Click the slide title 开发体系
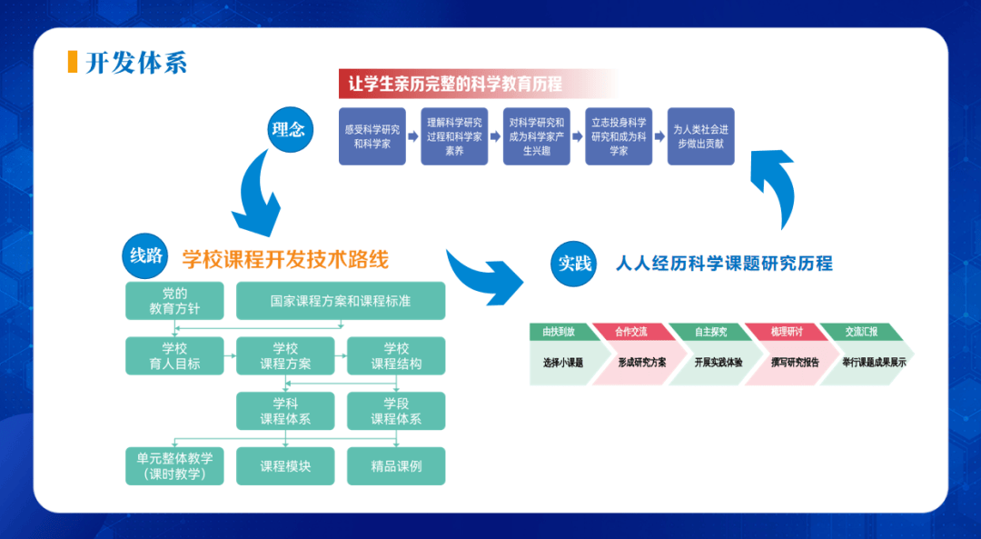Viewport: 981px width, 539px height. [136, 63]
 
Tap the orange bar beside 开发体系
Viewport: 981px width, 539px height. [73, 62]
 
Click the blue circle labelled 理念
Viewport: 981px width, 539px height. [289, 130]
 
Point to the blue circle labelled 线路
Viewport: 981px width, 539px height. [146, 256]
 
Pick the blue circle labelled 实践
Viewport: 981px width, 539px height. [574, 265]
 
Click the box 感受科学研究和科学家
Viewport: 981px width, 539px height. [372, 136]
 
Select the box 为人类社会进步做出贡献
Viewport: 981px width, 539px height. [700, 136]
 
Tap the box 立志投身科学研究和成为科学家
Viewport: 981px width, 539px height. [619, 136]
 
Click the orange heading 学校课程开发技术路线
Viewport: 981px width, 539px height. [285, 260]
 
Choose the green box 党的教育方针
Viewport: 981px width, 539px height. [174, 301]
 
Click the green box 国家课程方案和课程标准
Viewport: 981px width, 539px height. [341, 301]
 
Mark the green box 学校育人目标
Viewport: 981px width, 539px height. [174, 355]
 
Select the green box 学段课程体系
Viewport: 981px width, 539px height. [396, 411]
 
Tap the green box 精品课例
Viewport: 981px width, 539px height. [396, 466]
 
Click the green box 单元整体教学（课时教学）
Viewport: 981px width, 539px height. [174, 466]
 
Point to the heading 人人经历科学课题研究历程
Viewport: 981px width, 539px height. [724, 264]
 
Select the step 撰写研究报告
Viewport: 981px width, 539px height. [782, 362]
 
